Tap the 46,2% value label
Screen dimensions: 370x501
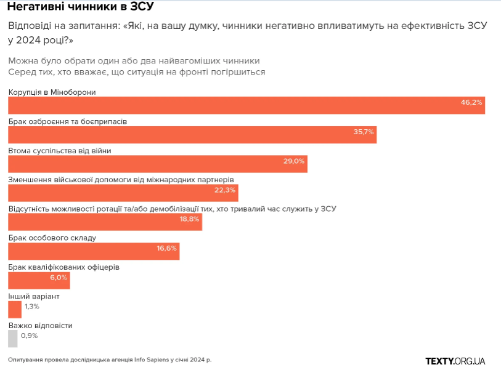point(471,102)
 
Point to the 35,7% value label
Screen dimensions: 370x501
point(364,132)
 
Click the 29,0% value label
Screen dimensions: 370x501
point(294,161)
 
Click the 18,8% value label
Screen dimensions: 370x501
point(190,219)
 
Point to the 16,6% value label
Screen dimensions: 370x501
point(166,248)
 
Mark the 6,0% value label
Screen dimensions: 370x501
point(58,277)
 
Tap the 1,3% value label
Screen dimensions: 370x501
point(32,306)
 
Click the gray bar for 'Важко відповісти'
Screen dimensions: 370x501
point(13,339)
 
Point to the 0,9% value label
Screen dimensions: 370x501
point(30,336)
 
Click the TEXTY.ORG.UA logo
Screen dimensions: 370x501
point(455,360)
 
